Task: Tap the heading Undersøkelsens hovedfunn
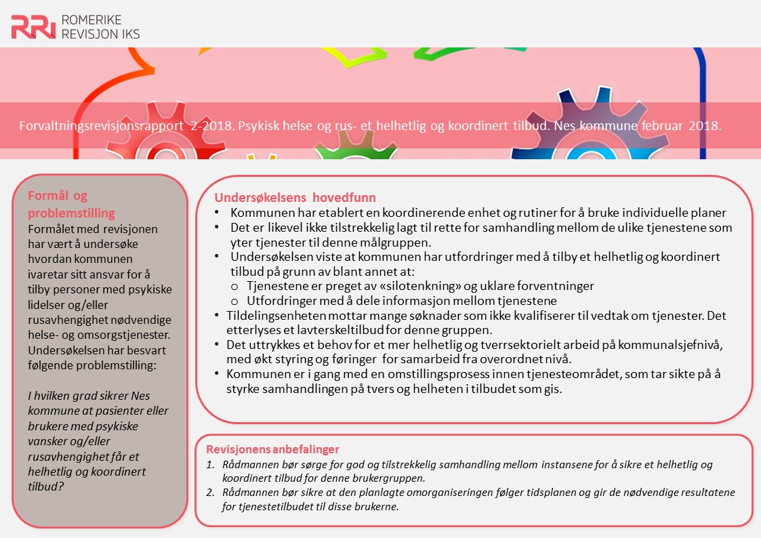(295, 199)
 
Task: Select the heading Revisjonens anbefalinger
(272, 449)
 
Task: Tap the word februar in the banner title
(659, 127)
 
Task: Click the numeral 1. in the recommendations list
(210, 465)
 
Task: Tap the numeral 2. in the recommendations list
(210, 493)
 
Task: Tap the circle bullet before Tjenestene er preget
(234, 287)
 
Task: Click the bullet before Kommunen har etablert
(216, 213)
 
